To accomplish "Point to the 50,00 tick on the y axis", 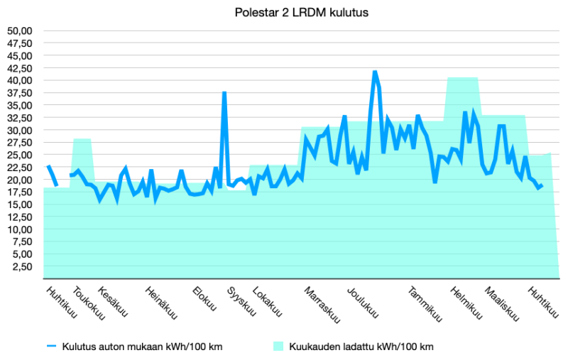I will coord(20,31).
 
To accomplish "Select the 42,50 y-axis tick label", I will coord(20,68).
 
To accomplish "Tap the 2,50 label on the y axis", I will coord(23,267).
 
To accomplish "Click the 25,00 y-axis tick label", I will coord(20,155).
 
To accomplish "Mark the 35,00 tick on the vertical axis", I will coord(20,105).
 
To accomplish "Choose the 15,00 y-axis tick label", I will coord(20,204).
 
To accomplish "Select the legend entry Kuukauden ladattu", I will coord(353,347).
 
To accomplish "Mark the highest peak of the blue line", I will coord(375,72).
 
